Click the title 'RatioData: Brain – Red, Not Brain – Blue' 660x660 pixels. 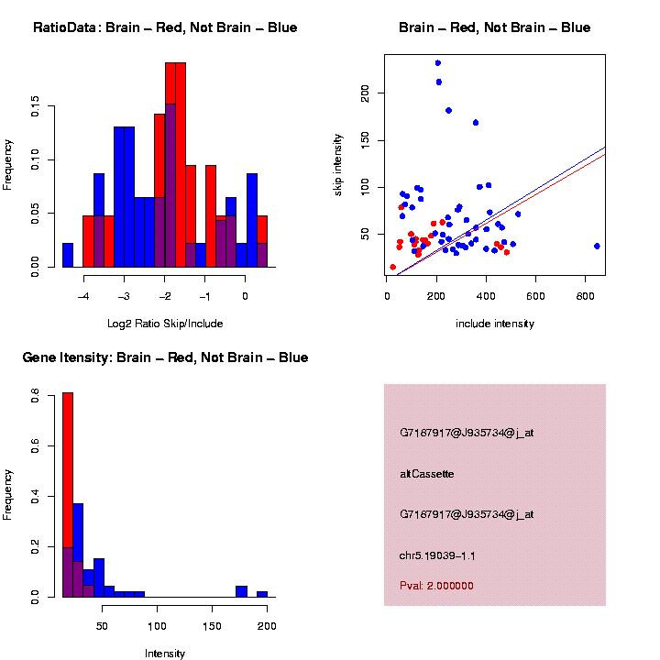coord(165,27)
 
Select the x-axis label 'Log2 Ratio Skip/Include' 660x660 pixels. coord(165,324)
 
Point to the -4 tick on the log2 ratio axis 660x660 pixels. coord(84,296)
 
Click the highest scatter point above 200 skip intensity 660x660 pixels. coord(438,63)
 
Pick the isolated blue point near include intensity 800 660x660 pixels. coord(597,246)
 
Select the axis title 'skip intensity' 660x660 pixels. coord(364,161)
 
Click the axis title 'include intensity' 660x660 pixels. coord(494,324)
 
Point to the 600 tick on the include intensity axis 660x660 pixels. coord(536,296)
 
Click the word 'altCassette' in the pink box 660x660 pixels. coord(427,474)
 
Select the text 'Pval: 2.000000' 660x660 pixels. coord(436,586)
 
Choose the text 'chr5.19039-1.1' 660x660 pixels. coord(437,555)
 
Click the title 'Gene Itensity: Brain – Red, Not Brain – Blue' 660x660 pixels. coord(165,357)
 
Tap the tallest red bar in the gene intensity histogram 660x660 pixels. coord(68,495)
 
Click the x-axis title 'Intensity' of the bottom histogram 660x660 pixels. coord(165,654)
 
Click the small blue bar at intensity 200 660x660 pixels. coord(262,594)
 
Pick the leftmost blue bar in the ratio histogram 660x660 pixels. coord(68,256)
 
